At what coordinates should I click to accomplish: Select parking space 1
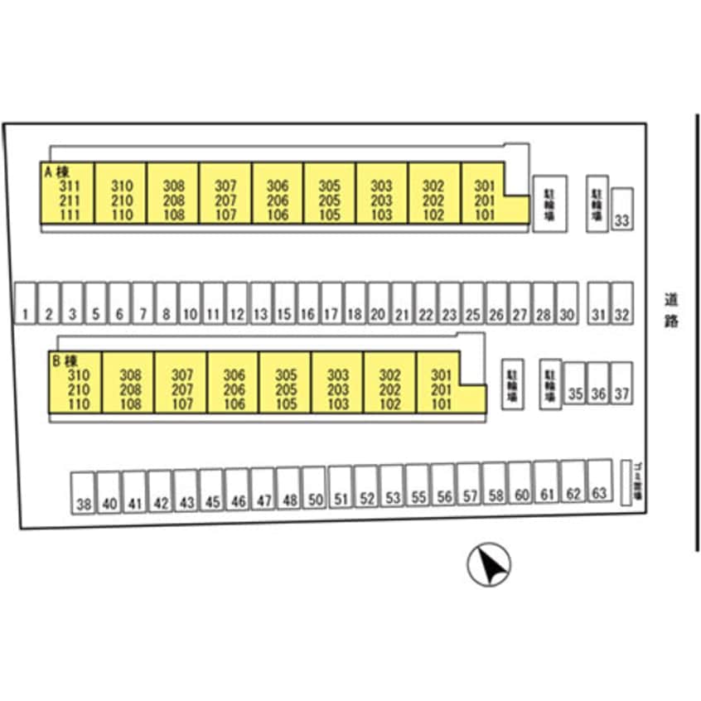(27, 302)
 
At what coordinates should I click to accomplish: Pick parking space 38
(83, 494)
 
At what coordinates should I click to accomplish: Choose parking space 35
(574, 384)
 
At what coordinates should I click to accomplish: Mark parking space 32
(622, 302)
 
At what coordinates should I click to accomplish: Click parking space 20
(378, 302)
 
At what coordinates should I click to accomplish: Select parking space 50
(314, 490)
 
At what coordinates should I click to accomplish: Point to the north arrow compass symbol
(489, 565)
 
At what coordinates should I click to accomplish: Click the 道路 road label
(671, 308)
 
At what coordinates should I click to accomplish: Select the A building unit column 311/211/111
(68, 197)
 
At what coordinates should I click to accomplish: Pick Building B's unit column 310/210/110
(78, 385)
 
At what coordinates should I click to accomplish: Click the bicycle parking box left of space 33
(597, 204)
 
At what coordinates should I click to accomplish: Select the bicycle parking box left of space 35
(550, 384)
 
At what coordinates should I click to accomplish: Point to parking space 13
(261, 302)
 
